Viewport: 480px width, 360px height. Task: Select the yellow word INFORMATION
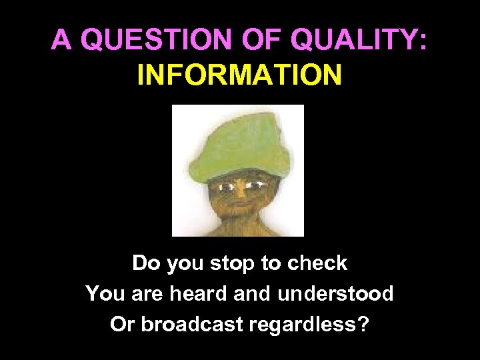click(x=240, y=75)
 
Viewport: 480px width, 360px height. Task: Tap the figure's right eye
click(x=255, y=181)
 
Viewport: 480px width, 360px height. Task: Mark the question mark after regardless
click(x=363, y=324)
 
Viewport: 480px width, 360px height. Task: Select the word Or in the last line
click(x=121, y=324)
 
